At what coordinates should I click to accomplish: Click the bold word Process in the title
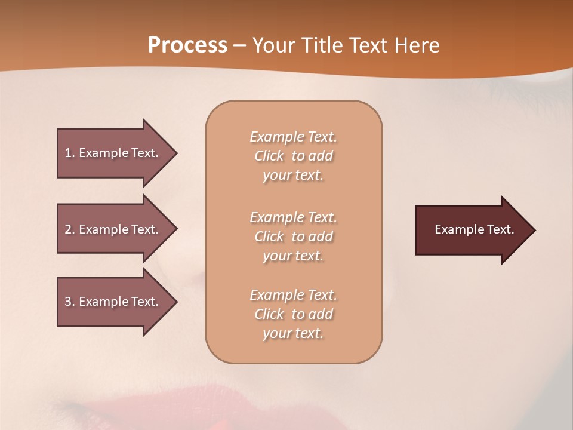click(x=187, y=45)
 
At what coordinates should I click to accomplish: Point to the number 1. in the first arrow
click(x=69, y=153)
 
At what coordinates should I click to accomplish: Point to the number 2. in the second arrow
click(x=69, y=229)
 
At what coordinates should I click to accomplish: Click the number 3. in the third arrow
click(x=69, y=302)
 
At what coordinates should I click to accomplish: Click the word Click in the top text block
click(x=269, y=156)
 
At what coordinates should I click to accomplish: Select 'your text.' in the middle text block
click(x=293, y=256)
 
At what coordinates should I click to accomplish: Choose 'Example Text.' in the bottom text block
click(x=293, y=295)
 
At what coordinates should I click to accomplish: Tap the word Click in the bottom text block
click(x=269, y=314)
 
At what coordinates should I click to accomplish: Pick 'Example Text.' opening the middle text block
click(x=293, y=217)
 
